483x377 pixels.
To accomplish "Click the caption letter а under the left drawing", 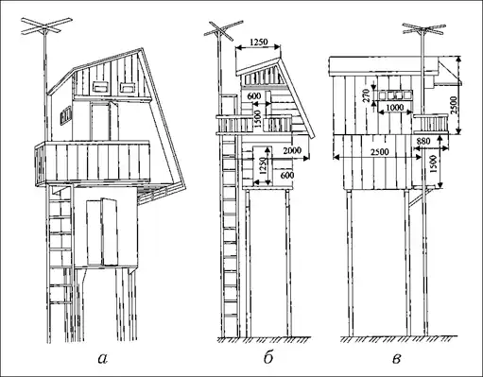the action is pos(103,359).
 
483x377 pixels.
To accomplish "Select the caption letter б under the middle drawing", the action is pos(267,357).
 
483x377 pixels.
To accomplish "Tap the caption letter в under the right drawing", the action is pos(397,359).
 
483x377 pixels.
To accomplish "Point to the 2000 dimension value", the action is pos(293,150).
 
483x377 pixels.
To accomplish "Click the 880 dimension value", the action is pos(423,142).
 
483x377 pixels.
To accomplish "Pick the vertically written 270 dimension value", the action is pos(366,95).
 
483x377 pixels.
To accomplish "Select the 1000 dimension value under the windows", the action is pos(394,108).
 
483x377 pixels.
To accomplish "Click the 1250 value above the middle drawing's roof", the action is pos(258,42).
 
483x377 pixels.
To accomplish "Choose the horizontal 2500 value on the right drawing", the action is pos(379,152).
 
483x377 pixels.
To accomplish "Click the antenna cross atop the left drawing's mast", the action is pos(46,26).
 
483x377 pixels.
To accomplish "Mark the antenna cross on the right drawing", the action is pos(423,29).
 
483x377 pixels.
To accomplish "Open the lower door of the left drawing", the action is pos(102,231).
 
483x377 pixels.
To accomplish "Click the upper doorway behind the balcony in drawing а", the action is pos(100,122).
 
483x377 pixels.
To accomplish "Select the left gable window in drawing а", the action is pos(101,87).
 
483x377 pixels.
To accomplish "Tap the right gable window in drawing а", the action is pos(127,87).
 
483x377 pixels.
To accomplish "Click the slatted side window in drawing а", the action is pos(66,115).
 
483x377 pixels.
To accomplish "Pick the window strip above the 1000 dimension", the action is pos(395,95).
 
